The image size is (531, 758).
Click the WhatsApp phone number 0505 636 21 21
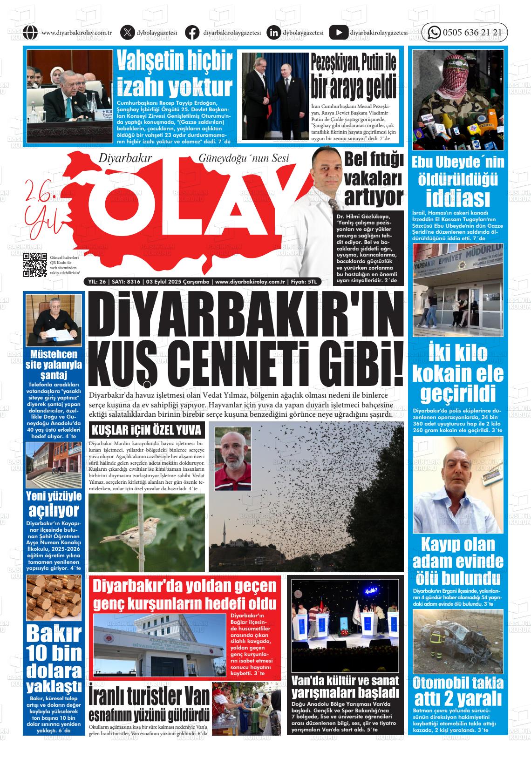472,33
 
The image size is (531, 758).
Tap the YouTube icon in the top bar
338,33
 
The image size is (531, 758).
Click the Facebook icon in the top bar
192,33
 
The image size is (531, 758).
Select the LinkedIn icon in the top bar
274,33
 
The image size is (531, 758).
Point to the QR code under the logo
35,264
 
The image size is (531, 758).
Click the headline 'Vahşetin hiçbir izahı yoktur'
174,74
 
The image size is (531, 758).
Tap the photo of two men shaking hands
274,95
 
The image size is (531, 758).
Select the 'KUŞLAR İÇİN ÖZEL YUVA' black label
147,429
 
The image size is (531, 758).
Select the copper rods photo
54,597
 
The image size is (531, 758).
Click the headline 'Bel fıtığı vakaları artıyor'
374,178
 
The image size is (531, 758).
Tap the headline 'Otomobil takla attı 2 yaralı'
457,691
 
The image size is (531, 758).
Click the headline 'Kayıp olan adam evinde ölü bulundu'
457,561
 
